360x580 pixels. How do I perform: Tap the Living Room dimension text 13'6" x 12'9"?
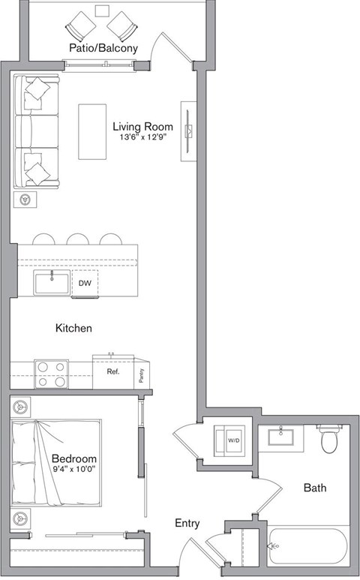point(143,137)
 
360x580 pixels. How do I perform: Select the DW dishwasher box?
point(85,284)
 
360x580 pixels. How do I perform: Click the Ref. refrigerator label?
point(112,371)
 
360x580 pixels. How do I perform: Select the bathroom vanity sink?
point(283,437)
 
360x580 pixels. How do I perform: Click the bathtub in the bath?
point(307,547)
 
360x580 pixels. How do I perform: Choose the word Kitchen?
point(74,328)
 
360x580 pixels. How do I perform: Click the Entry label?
point(187,523)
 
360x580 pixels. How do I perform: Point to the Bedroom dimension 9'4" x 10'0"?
point(74,469)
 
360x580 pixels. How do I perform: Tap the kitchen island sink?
point(51,283)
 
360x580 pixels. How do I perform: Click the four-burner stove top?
point(50,374)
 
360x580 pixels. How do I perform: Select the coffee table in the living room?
point(93,131)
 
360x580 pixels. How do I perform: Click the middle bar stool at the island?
point(77,239)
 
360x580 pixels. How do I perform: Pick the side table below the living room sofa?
point(26,200)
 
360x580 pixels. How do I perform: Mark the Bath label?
point(314,488)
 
